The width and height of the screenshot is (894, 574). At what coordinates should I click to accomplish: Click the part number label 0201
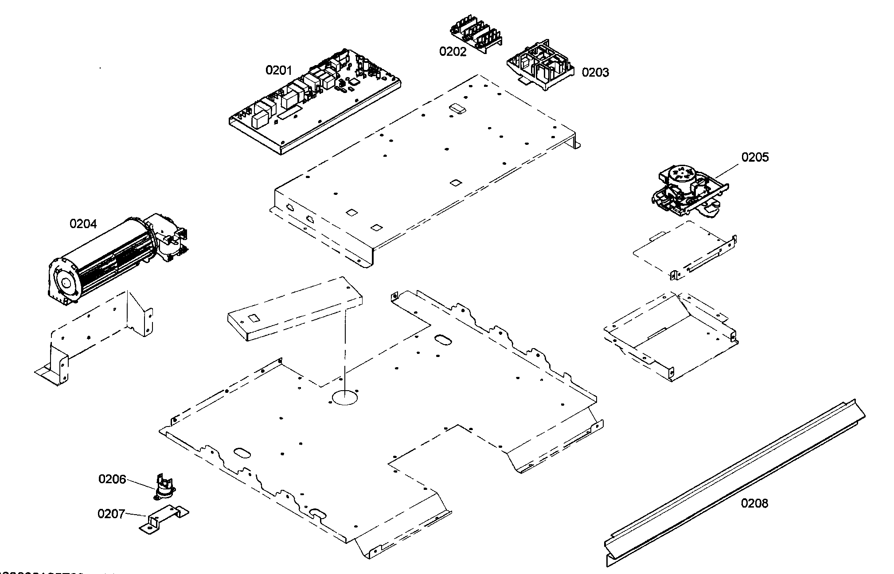click(278, 70)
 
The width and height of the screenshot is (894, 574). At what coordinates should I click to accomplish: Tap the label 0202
click(453, 52)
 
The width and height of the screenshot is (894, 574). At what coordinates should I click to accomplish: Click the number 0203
click(595, 73)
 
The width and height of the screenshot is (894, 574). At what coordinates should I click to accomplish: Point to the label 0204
click(83, 224)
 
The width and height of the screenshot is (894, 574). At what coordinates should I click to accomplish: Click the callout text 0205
click(755, 157)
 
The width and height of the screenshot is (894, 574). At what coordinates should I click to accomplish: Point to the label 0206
click(112, 479)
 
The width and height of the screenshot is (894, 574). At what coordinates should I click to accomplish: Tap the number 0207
click(111, 514)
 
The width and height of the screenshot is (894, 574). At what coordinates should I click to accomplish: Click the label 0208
click(754, 504)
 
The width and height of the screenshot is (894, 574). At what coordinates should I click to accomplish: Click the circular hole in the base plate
click(344, 397)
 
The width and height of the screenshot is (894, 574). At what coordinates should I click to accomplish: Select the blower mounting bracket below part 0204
click(98, 337)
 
